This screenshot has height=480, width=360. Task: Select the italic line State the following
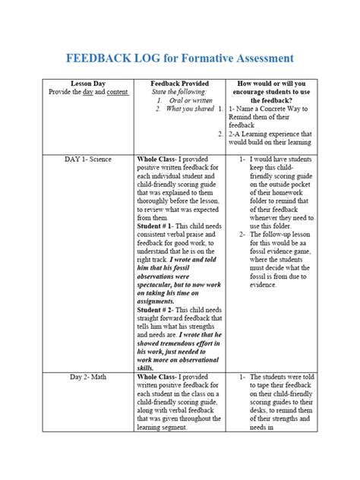point(175,91)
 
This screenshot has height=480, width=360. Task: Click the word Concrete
point(284,109)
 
